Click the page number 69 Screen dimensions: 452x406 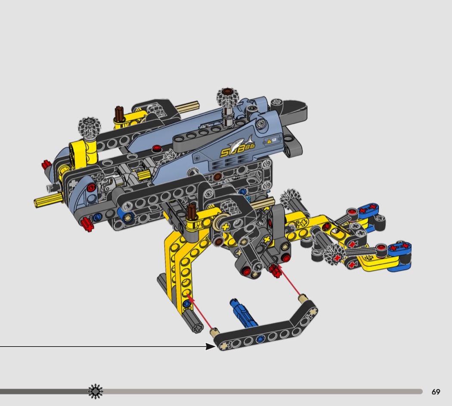436,392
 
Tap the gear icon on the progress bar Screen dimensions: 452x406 96,392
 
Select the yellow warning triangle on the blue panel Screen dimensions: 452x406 269,141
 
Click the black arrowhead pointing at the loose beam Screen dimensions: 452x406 210,346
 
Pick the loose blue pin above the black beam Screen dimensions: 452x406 243,312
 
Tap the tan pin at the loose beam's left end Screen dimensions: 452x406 214,332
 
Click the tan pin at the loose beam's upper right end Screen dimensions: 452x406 302,298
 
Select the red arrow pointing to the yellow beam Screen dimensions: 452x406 200,311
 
